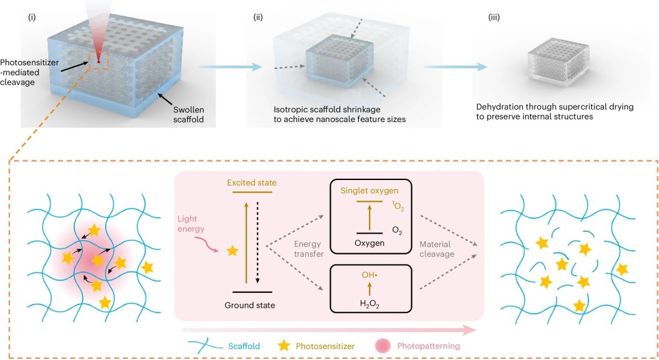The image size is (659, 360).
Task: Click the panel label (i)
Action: [32, 18]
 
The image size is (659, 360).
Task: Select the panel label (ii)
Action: [258, 18]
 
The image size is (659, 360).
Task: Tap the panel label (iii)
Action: [494, 18]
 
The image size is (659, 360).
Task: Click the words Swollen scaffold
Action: [189, 115]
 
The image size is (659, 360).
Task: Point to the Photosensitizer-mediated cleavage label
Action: [29, 72]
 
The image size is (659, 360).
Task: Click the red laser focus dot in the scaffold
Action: [98, 62]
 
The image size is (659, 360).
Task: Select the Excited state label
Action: [252, 182]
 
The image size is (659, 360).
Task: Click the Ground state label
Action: [250, 306]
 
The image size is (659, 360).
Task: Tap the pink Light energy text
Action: [191, 224]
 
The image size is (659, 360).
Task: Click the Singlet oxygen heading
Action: [369, 191]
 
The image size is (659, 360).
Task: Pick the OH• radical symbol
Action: [369, 275]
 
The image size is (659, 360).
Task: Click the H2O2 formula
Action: [369, 304]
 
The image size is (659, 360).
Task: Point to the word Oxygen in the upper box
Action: [369, 243]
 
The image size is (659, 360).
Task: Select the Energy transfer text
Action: [309, 249]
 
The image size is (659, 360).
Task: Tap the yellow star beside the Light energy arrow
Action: [232, 251]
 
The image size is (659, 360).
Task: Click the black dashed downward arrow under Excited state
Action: [257, 243]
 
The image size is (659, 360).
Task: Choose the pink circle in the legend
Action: [383, 346]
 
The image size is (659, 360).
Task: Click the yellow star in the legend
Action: [284, 345]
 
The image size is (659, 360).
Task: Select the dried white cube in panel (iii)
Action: [558, 62]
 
